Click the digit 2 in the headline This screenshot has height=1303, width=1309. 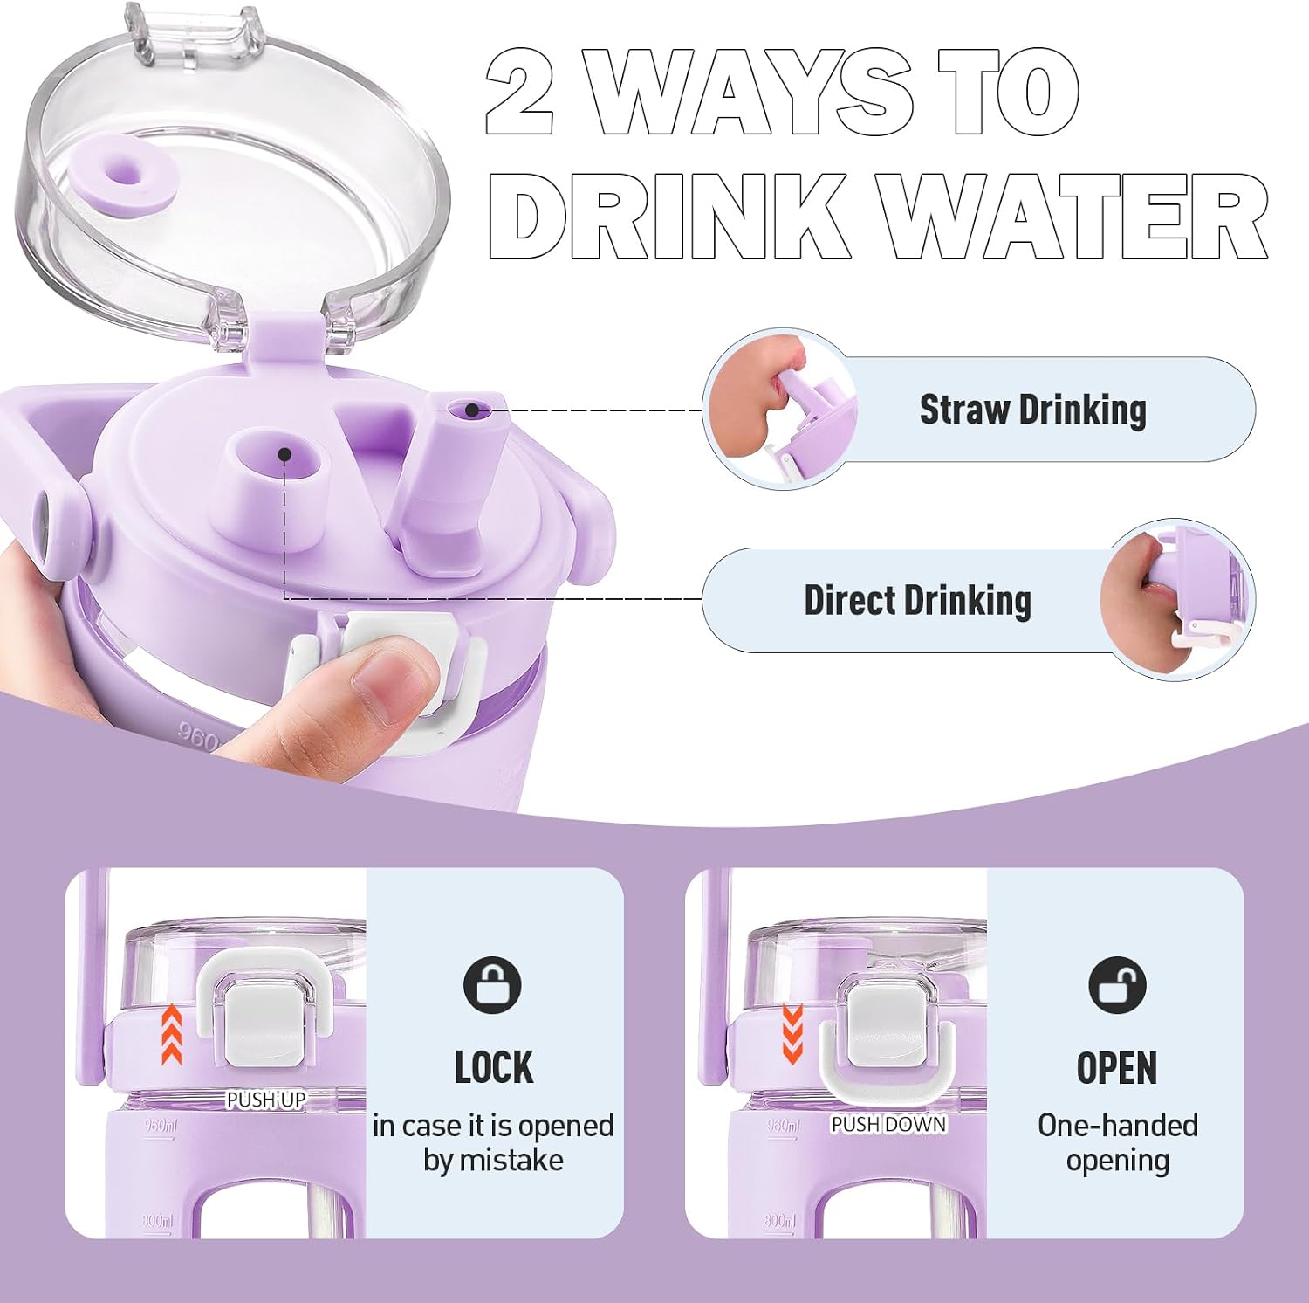click(x=520, y=93)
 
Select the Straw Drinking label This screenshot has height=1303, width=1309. click(x=1033, y=410)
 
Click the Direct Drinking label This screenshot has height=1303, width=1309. click(x=917, y=601)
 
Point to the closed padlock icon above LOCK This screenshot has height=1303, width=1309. click(x=492, y=985)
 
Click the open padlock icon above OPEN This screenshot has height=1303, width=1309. click(x=1117, y=985)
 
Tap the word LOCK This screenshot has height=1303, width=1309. click(x=494, y=1067)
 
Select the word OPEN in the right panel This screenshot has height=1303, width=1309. click(x=1117, y=1067)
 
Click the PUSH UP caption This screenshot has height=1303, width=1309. click(x=266, y=1100)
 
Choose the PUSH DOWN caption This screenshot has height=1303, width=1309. click(x=888, y=1124)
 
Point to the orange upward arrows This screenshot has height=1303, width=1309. click(x=172, y=1034)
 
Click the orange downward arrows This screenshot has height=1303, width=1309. click(x=792, y=1034)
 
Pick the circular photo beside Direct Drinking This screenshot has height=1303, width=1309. click(x=1177, y=600)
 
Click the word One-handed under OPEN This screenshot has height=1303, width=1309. click(x=1118, y=1126)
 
